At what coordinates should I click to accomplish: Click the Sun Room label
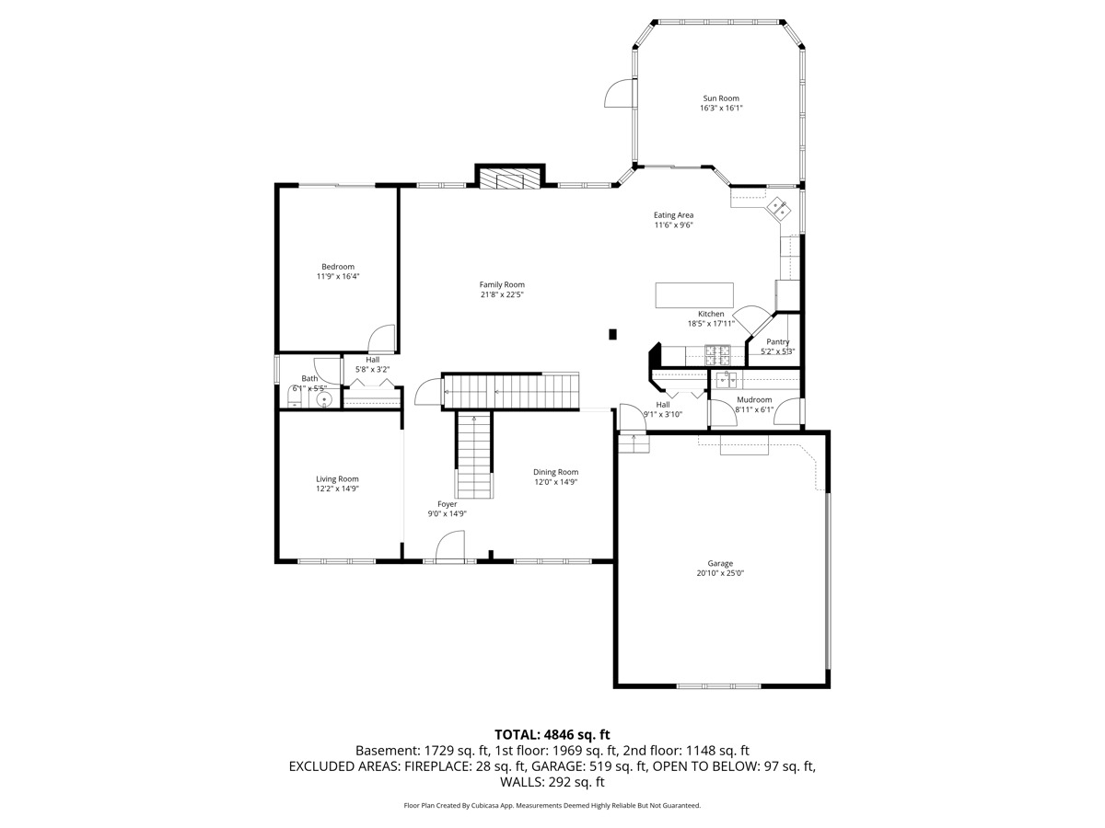click(721, 98)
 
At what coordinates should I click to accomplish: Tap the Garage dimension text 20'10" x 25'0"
click(720, 572)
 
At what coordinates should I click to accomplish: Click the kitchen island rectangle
click(693, 295)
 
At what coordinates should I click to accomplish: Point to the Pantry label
click(778, 342)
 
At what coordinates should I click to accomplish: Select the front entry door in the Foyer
click(449, 546)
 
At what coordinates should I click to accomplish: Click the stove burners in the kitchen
click(717, 355)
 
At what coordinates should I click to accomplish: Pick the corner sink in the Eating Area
click(779, 208)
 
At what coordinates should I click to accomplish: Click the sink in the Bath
click(324, 400)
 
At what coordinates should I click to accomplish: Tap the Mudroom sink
click(726, 380)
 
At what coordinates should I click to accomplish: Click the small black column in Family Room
click(612, 334)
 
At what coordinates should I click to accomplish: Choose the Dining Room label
click(556, 472)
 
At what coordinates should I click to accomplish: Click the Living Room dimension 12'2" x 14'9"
click(337, 489)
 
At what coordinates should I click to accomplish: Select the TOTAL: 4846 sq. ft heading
click(552, 735)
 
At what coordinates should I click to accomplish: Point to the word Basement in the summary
click(387, 751)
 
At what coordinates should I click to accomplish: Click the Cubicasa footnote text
click(552, 805)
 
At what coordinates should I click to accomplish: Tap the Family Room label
click(502, 284)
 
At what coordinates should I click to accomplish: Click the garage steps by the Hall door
click(634, 444)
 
